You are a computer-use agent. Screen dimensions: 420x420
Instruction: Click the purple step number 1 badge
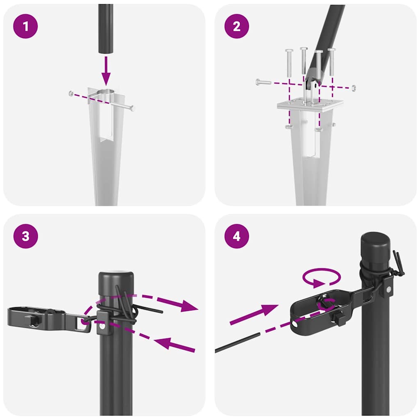26,27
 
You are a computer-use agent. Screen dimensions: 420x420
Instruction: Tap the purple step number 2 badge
236,27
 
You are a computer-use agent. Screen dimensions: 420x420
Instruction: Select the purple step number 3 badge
26,237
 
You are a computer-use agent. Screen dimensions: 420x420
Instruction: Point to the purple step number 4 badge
236,237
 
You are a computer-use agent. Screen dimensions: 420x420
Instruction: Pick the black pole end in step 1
106,29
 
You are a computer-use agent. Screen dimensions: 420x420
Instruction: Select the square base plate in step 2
310,105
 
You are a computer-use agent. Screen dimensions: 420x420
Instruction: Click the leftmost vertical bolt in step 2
289,62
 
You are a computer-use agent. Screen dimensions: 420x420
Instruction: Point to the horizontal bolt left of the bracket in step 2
263,82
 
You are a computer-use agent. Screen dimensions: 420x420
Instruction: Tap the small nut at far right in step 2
354,87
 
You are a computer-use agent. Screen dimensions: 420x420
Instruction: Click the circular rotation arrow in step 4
322,278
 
